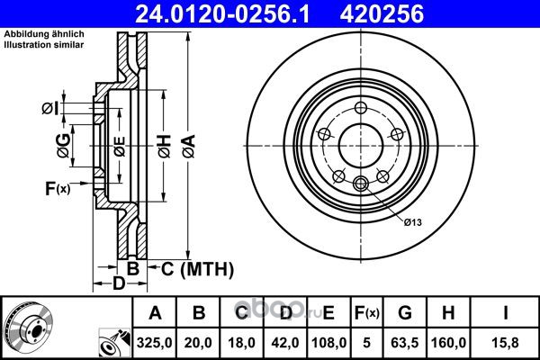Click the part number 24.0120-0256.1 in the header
[222, 14]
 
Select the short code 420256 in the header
[382, 14]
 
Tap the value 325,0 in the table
[154, 343]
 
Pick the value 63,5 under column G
[405, 343]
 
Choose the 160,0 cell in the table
[448, 343]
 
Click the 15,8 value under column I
[505, 343]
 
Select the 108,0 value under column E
[328, 343]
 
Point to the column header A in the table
[155, 313]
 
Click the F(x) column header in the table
[367, 313]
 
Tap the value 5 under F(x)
[367, 343]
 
